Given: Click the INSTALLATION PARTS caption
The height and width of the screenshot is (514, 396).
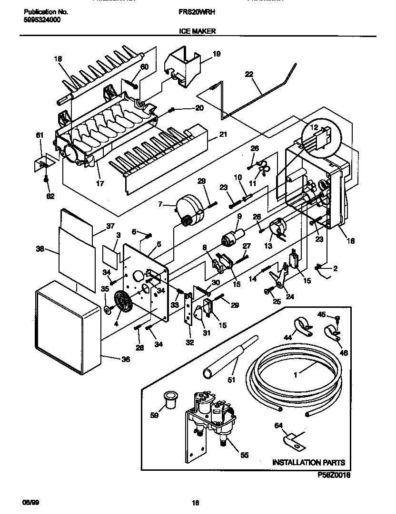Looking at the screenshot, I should [308, 462].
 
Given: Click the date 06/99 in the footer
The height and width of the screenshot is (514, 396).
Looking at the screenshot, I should [30, 502].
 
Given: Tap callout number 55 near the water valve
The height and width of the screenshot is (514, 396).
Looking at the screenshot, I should [244, 455].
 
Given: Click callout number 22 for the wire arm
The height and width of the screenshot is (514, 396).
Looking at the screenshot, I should [249, 74].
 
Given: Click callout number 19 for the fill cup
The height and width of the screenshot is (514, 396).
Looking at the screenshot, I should [216, 54].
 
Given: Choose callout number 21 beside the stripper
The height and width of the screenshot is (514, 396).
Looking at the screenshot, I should [223, 135].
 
